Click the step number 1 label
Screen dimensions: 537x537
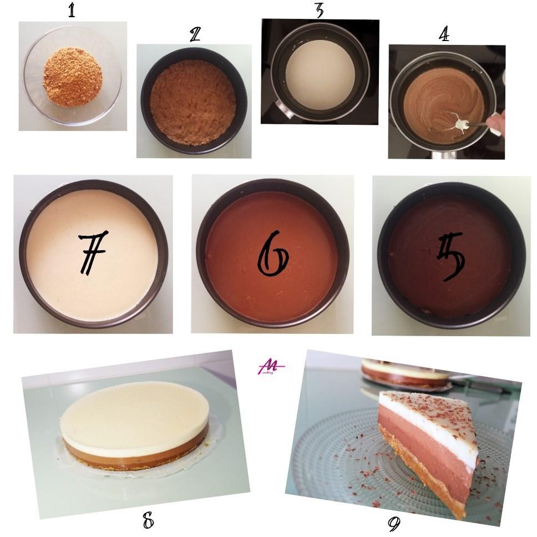pos(72,11)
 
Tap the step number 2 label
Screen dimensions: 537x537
pos(195,35)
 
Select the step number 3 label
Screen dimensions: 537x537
pos(319,10)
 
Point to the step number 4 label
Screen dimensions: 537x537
pos(444,34)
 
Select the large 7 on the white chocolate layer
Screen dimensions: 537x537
pos(93,252)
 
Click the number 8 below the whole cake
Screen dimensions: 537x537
pos(148,521)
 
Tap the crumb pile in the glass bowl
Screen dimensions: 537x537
pos(73,77)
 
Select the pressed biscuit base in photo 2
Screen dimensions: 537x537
pos(193,102)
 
